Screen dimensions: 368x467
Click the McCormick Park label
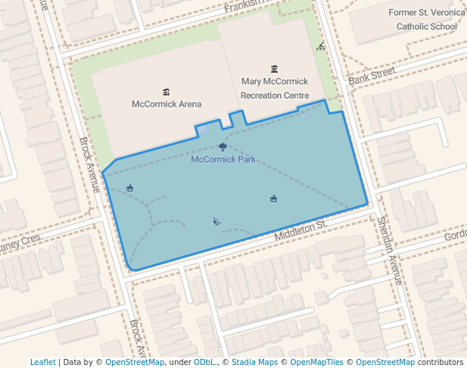[223, 160]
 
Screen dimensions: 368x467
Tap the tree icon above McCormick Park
[223, 147]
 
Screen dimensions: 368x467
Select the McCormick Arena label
[167, 104]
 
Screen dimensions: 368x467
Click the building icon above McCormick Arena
[167, 92]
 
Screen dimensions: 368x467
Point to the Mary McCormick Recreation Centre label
[274, 88]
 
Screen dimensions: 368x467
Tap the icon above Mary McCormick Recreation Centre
[274, 69]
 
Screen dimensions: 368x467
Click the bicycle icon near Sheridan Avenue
[321, 47]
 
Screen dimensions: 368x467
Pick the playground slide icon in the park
[216, 222]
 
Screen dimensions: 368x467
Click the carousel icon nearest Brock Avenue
[130, 188]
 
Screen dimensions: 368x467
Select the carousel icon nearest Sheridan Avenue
[273, 199]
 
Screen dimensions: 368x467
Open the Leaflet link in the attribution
[42, 362]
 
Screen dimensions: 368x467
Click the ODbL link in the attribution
[204, 362]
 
